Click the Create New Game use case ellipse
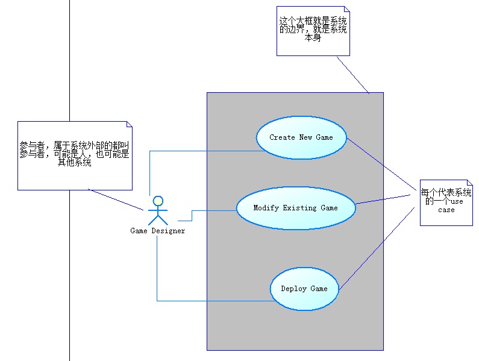click(302, 137)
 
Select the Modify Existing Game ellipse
click(295, 208)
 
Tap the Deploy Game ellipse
click(304, 289)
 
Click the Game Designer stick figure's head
click(158, 201)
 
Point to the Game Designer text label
click(157, 230)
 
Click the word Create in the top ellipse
click(282, 137)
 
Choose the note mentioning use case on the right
click(446, 201)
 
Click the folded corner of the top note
click(346, 10)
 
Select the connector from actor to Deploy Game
click(211, 301)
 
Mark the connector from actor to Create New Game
click(205, 151)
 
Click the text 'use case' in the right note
click(446, 206)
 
